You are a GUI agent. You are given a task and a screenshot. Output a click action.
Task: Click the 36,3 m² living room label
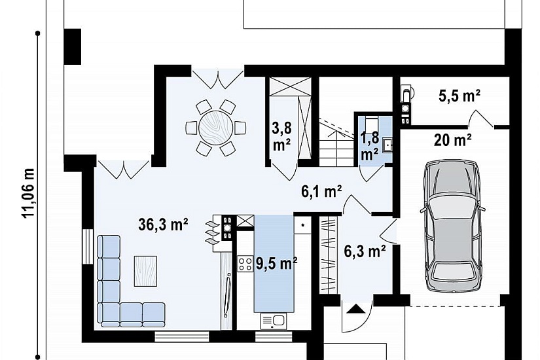pos(163,225)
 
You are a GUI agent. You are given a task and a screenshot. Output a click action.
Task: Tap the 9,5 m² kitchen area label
pos(276,264)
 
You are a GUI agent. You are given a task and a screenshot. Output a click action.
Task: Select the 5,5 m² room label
pos(459,96)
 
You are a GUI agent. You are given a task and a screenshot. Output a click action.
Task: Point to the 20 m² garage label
pos(452,140)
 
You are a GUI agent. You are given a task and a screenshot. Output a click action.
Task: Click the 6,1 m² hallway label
pos(321,192)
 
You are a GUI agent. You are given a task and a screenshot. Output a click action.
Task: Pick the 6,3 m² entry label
pos(365,251)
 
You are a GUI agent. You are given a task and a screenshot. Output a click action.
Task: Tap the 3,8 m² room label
pos(281,136)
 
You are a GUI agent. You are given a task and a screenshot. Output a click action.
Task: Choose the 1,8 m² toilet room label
pos(370,146)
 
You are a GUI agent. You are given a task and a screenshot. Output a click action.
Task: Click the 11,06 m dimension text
pos(28,193)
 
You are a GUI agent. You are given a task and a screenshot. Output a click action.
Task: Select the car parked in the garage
pos(452,226)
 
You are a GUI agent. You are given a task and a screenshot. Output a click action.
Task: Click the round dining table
pos(216,128)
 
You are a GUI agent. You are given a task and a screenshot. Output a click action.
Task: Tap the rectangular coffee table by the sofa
pos(145,271)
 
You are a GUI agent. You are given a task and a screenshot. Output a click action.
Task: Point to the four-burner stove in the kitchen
pos(245,264)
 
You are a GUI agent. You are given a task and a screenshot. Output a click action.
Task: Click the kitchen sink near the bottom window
pos(274,321)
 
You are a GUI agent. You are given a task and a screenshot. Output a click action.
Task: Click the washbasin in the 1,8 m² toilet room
pos(387,145)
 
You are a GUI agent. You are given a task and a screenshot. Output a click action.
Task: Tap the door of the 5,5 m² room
pos(481,119)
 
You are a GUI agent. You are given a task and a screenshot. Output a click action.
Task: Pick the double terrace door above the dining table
pos(218,78)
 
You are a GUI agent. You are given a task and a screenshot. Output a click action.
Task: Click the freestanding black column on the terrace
pos(72,46)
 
